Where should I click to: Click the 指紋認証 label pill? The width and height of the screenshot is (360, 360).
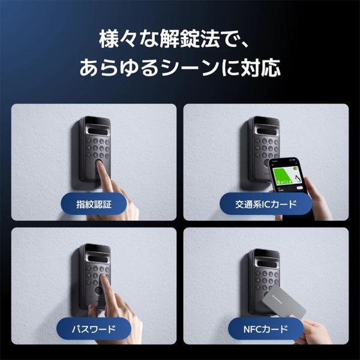(94, 204)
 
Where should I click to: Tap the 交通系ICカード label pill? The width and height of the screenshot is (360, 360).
(266, 204)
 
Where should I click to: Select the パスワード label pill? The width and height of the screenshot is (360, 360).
(94, 329)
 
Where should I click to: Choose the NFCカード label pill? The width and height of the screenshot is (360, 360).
(266, 329)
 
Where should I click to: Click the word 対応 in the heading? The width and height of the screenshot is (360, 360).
(260, 67)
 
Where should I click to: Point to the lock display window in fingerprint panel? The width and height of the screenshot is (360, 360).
(98, 131)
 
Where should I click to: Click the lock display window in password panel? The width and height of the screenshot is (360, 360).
(98, 259)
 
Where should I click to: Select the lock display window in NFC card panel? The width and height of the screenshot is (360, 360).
(266, 263)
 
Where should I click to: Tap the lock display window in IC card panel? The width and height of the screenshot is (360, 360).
(266, 131)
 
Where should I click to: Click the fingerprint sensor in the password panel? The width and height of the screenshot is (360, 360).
(98, 292)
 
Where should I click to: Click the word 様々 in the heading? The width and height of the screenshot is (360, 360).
(119, 38)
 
